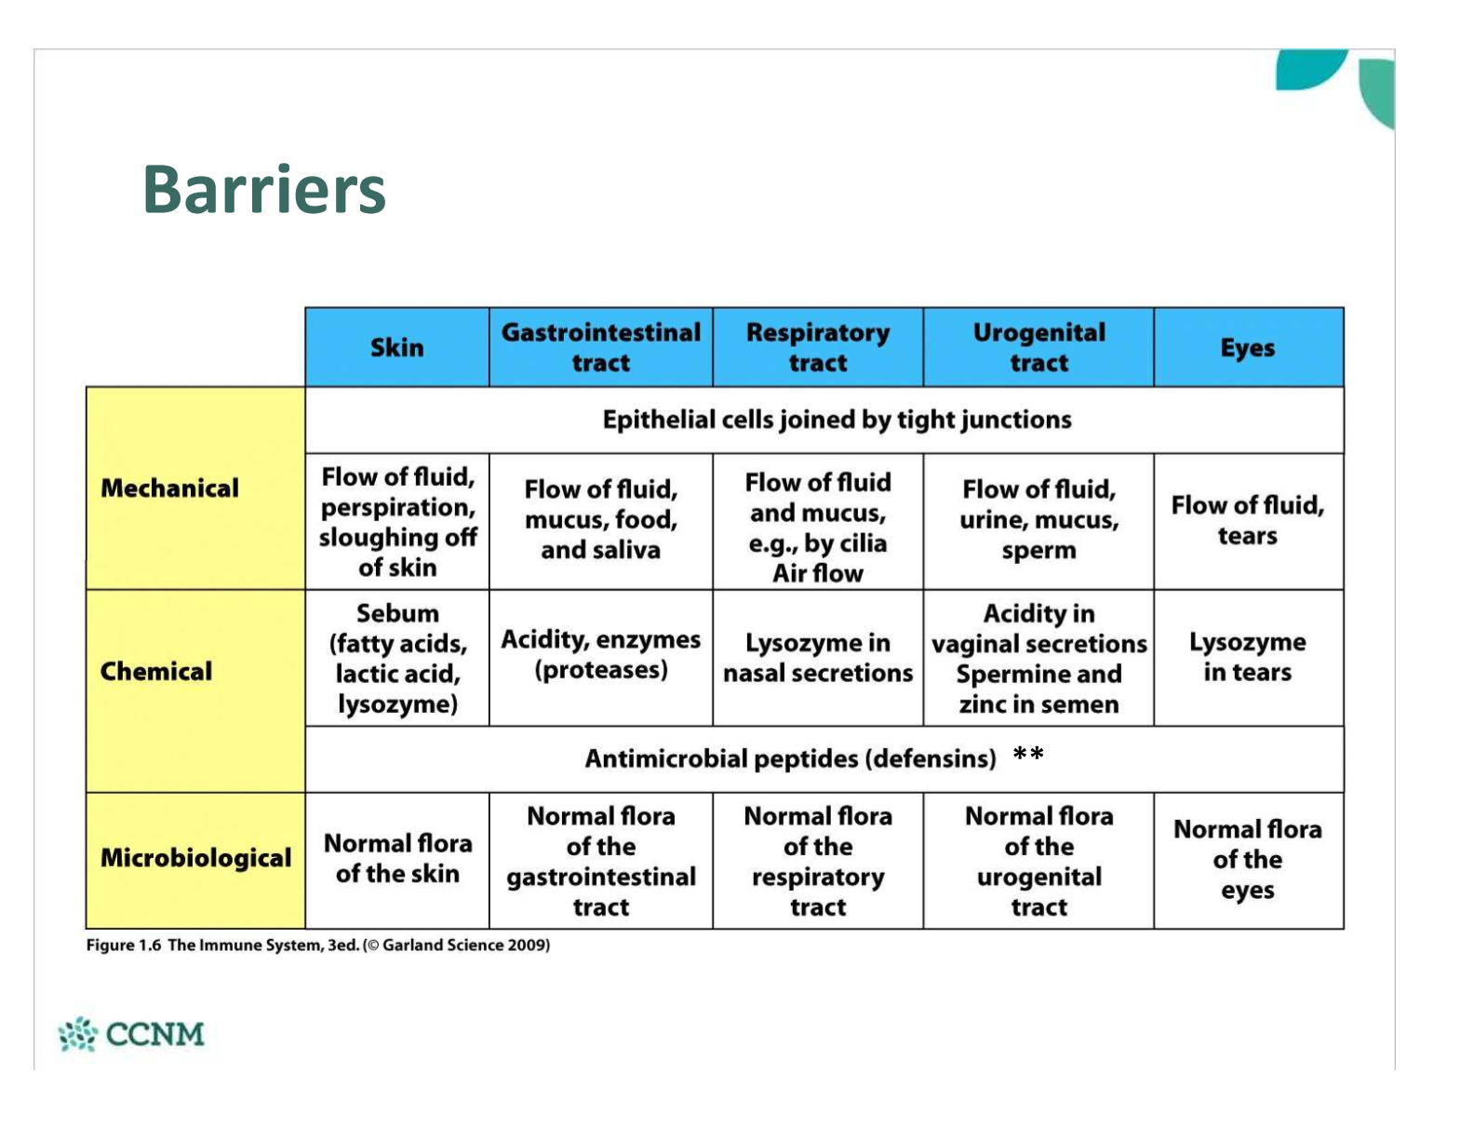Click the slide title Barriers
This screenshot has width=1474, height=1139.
(x=264, y=190)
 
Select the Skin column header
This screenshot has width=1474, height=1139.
(x=396, y=347)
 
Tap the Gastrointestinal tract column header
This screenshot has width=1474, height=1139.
(x=600, y=347)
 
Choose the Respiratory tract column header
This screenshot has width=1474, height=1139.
(x=817, y=347)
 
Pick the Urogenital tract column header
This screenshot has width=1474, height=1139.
(x=1038, y=347)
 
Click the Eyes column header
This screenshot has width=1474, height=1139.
(x=1247, y=347)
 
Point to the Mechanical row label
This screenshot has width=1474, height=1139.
(x=169, y=488)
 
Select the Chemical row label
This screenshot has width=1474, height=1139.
(x=156, y=671)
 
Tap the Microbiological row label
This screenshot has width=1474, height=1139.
(x=195, y=857)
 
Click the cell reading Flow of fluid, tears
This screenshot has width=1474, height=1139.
(x=1247, y=520)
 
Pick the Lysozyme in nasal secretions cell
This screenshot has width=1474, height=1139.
(x=817, y=657)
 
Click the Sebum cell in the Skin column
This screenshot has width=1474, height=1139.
(x=396, y=657)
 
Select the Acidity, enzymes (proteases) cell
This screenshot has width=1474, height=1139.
(x=600, y=654)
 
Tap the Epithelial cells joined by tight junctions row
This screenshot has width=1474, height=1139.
(x=836, y=420)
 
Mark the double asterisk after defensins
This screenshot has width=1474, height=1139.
(x=1028, y=755)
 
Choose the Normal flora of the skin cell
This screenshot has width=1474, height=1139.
(x=396, y=858)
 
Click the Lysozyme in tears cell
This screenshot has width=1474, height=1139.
(x=1247, y=657)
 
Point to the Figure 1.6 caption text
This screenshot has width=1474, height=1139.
(x=317, y=945)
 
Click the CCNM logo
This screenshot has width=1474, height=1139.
(x=131, y=1034)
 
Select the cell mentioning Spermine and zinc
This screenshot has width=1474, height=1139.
(x=1038, y=658)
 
